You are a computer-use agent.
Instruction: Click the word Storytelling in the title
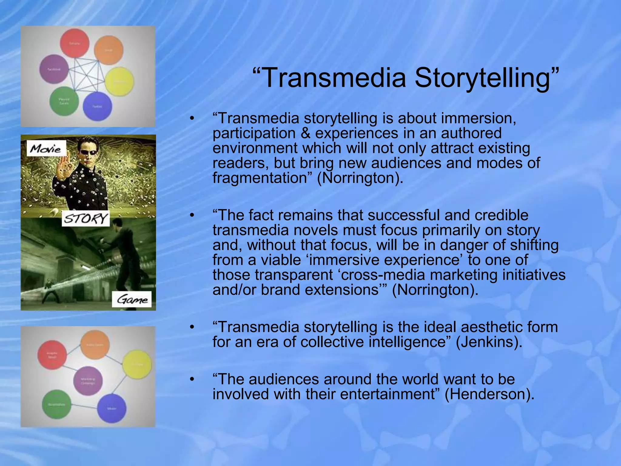[482, 78]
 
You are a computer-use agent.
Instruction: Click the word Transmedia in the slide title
[334, 78]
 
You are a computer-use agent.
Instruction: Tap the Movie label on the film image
[46, 149]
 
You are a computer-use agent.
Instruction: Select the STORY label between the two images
[86, 218]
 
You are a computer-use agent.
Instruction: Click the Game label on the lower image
[132, 300]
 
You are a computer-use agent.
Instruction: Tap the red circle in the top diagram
[75, 43]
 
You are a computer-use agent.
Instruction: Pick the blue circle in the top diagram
[97, 106]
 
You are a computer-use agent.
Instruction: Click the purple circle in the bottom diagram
[88, 380]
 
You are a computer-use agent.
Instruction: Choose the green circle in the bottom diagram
[57, 404]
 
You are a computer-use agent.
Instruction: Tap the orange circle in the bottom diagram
[95, 345]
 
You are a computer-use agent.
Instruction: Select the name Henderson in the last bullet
[488, 394]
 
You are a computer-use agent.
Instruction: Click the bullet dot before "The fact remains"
[191, 215]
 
